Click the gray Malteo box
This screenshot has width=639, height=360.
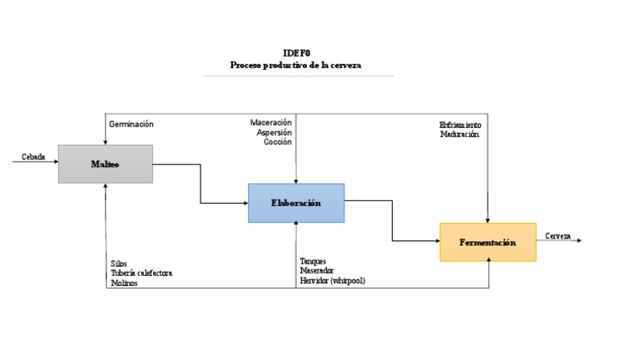point(105,164)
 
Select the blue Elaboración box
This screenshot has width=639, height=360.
point(295,203)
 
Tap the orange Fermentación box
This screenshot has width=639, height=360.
point(488,242)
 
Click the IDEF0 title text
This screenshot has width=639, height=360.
point(296,53)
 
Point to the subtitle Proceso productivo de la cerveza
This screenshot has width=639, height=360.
point(296,64)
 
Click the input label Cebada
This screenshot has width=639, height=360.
point(33,156)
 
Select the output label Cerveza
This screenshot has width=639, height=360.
point(558,236)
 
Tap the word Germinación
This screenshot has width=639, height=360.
point(131,124)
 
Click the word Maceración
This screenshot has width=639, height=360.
point(271,122)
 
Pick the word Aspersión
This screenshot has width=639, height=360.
point(274,132)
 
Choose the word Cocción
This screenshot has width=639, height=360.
point(277,142)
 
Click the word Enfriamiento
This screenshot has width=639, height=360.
point(460,126)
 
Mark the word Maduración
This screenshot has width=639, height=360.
point(460,135)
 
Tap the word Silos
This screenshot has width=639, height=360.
point(119,264)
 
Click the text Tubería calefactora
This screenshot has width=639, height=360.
point(141,273)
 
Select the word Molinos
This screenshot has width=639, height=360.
point(124,283)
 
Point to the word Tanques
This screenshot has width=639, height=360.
point(314,261)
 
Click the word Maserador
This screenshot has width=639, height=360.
point(317,271)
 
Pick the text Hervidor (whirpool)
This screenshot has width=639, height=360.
point(333,281)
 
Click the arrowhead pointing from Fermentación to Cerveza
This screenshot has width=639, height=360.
point(578,241)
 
